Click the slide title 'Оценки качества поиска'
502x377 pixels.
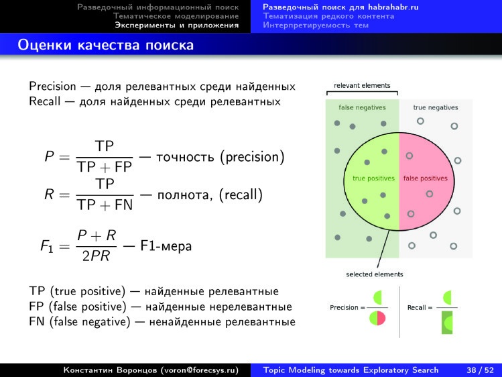[x=106, y=46]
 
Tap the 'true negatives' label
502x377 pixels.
[x=436, y=107]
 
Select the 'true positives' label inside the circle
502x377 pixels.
[x=373, y=178]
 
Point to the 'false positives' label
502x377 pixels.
[x=425, y=178]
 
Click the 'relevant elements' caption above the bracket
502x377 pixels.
[x=362, y=86]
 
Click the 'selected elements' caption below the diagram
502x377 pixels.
[x=375, y=274]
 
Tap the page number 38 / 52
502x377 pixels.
[x=480, y=370]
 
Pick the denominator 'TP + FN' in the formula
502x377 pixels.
[x=105, y=205]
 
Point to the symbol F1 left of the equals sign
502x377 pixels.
[x=48, y=247]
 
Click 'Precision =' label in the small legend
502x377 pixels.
[x=346, y=307]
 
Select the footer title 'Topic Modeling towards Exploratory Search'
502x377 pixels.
[x=351, y=370]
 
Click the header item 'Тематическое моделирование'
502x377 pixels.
[x=176, y=15]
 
